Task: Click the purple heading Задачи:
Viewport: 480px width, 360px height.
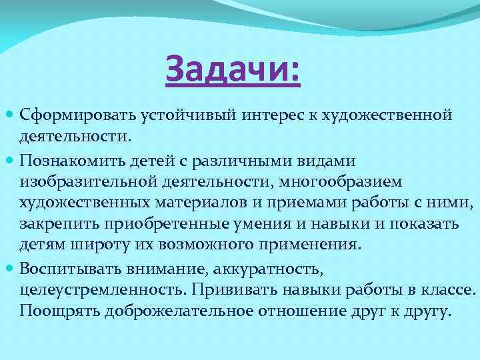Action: coord(233,70)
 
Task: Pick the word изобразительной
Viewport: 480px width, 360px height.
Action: coord(86,181)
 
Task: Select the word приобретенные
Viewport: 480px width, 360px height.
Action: coord(146,224)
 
